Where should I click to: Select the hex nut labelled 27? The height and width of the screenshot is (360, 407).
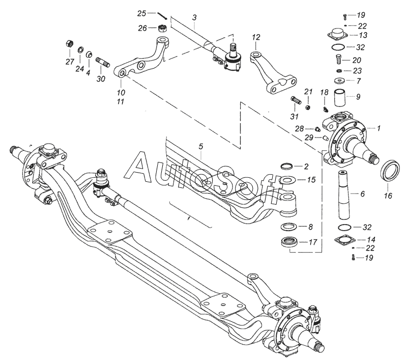(x=69, y=43)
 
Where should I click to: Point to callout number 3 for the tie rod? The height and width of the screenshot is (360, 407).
(x=194, y=18)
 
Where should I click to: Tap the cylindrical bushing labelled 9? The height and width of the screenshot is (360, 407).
(x=340, y=96)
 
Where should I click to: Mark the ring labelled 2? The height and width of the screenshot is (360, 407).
(x=288, y=167)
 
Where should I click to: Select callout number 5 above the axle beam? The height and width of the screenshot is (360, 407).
(x=201, y=147)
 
